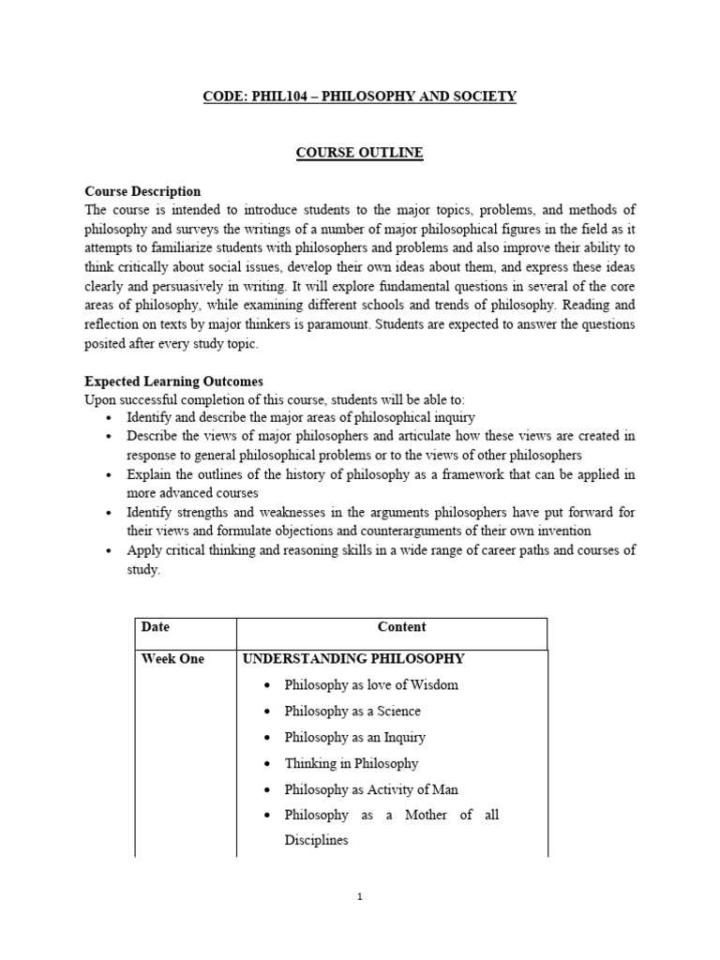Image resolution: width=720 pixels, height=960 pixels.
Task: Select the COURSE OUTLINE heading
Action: point(360,152)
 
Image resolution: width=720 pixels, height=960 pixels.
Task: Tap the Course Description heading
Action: point(142,191)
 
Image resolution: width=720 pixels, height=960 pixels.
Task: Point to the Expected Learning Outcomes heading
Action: point(173,382)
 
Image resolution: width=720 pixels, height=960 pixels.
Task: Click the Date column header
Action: point(156,627)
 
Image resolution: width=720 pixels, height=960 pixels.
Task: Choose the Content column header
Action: point(401,627)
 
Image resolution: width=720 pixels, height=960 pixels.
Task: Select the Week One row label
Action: point(172,659)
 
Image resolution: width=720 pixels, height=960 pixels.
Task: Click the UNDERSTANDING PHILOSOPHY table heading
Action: point(353,659)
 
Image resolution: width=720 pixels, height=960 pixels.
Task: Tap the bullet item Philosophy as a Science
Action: point(352,711)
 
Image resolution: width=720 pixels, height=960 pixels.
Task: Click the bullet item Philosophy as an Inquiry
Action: point(355,737)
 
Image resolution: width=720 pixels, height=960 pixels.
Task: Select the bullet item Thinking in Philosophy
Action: point(352,763)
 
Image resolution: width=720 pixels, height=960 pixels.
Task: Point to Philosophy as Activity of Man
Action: point(371,789)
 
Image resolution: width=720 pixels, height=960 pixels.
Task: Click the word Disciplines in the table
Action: point(316,840)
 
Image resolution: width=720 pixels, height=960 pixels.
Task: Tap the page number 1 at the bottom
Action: point(360,897)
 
